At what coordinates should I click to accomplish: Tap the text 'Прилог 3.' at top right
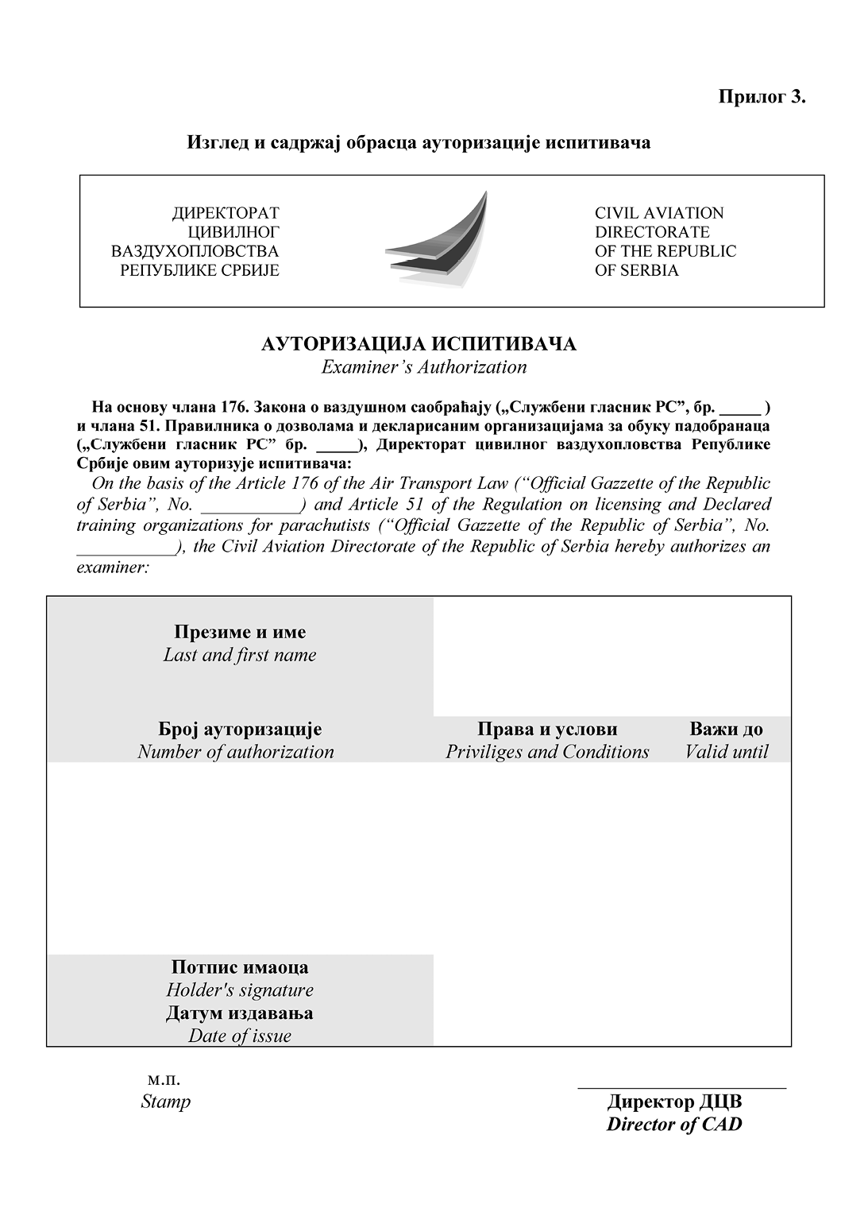[762, 97]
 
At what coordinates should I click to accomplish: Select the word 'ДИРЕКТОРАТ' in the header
[226, 213]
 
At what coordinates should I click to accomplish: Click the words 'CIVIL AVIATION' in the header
[659, 213]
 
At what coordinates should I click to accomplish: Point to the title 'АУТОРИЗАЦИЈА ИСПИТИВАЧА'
[419, 344]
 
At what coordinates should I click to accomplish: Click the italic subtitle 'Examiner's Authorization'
[423, 367]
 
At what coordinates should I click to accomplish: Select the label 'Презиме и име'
[240, 633]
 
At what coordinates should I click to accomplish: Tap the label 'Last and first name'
[240, 655]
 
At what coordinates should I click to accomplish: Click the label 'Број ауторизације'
[240, 730]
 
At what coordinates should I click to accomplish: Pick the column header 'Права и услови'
[547, 730]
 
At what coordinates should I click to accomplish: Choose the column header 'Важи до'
[726, 730]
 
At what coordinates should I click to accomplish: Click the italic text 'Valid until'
[726, 752]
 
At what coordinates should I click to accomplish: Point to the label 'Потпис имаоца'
[240, 967]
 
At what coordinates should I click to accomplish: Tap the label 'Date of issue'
[240, 1036]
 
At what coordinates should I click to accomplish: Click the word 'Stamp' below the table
[165, 1102]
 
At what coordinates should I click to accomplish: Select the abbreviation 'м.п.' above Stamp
[164, 1079]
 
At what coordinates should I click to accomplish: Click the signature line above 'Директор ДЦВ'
[681, 1086]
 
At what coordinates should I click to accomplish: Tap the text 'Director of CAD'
[674, 1124]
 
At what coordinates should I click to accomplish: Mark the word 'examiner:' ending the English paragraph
[113, 567]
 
